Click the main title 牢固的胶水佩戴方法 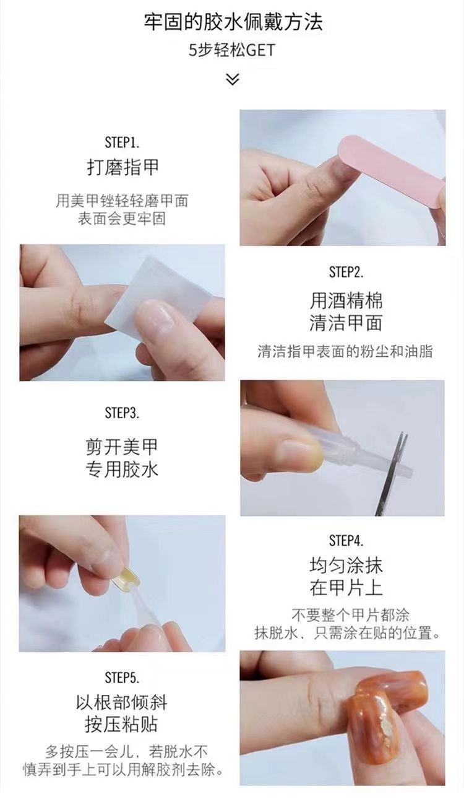coord(233,22)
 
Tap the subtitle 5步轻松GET coord(232,50)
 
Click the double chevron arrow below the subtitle coord(232,79)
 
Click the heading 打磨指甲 coord(122,167)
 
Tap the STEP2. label coord(346,272)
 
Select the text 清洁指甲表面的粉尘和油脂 coord(345,351)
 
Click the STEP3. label coord(122,413)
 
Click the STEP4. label coord(346,541)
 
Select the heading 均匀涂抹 coord(346,565)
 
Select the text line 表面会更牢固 coord(122,219)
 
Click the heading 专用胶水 coord(122,469)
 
